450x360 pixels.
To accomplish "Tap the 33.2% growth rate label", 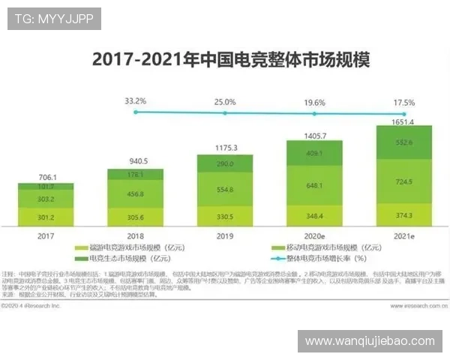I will click(x=136, y=100).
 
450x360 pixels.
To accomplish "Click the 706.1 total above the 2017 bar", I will click(x=46, y=177).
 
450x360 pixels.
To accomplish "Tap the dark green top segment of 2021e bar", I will click(x=404, y=142).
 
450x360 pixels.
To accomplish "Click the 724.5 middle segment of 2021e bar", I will click(x=404, y=182).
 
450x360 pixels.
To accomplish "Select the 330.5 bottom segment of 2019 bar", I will click(x=225, y=217).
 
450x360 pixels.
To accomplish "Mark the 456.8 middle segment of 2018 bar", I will click(x=136, y=193).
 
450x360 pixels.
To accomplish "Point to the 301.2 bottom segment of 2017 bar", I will click(x=46, y=218).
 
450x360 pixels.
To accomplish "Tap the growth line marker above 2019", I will click(x=225, y=112).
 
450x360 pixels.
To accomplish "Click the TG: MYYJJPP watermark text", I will click(x=54, y=18).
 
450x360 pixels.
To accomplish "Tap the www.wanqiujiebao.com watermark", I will click(x=370, y=341).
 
